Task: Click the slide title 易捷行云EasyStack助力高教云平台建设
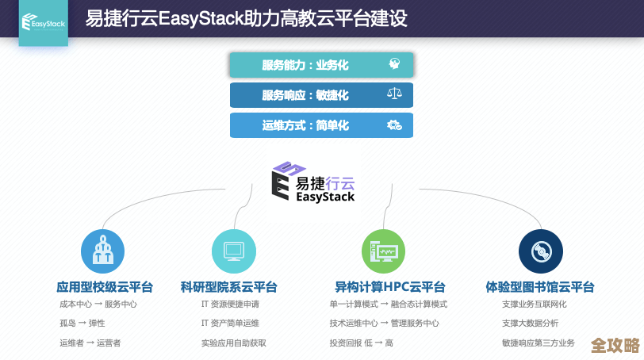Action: click(x=247, y=18)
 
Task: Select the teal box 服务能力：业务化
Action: click(x=321, y=65)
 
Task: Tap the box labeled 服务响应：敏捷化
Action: click(x=321, y=95)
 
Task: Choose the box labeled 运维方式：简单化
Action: click(x=321, y=125)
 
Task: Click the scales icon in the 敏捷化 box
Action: click(x=394, y=95)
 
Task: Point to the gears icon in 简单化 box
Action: click(x=394, y=125)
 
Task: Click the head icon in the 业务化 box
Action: click(x=394, y=65)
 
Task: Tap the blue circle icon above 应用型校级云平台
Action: click(x=103, y=251)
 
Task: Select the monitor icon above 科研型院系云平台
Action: click(x=233, y=251)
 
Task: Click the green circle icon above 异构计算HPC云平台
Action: click(x=384, y=251)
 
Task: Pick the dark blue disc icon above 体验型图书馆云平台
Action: click(x=541, y=251)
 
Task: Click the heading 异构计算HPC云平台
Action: click(x=389, y=287)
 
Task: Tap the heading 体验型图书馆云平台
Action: click(x=540, y=287)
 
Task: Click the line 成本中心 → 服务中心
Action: click(x=98, y=304)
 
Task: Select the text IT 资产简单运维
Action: click(x=230, y=324)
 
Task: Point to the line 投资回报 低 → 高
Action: click(x=361, y=343)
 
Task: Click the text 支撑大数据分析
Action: click(x=530, y=324)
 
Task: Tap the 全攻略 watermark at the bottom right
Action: click(x=615, y=346)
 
